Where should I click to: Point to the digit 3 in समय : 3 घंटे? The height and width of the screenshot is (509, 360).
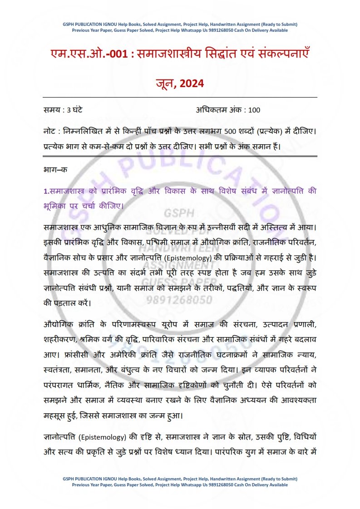(69, 110)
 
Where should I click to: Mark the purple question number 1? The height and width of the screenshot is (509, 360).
(45, 191)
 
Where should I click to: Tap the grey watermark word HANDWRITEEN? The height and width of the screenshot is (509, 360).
(179, 249)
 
